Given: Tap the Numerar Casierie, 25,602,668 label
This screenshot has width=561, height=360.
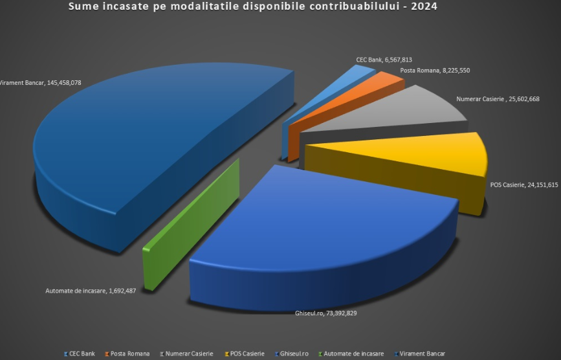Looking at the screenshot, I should (498, 99).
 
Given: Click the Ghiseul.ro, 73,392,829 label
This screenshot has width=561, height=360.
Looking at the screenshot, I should (322, 313).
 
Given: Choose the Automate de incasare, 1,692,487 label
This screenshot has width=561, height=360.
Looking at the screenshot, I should (91, 291).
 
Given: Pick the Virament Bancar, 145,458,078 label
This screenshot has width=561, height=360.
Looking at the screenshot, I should (41, 83).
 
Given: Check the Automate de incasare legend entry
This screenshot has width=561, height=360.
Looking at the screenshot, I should (353, 354).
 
